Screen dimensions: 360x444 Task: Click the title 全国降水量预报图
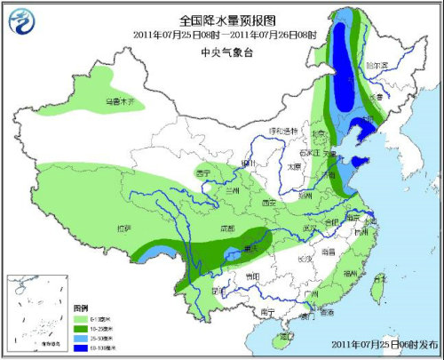pos(222,20)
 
